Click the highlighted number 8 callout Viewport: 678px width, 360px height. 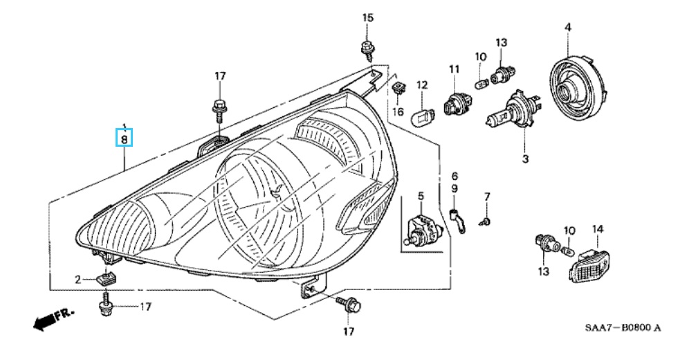125,138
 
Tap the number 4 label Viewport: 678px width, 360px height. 567,27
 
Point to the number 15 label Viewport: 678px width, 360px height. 367,17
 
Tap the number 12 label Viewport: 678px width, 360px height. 422,84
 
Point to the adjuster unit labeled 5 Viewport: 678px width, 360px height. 421,231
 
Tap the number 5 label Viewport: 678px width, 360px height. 420,197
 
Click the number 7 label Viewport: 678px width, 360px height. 486,197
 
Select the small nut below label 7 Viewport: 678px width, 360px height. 487,220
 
